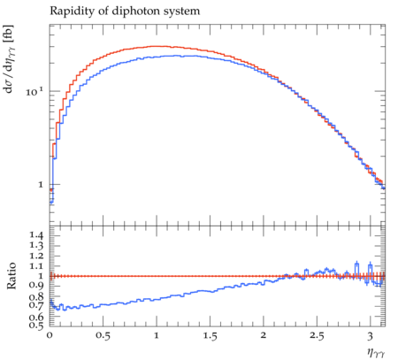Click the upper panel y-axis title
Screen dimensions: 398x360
point(9,58)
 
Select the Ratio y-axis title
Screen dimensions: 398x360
point(11,276)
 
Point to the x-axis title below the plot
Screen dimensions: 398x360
point(376,352)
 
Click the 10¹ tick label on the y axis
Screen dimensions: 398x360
point(34,92)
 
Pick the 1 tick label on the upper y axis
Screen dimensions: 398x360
point(41,185)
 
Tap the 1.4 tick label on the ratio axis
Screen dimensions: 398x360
point(36,235)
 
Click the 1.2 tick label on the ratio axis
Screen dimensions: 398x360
point(36,256)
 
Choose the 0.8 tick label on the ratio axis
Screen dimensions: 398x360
point(36,296)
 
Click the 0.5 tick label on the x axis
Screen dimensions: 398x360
point(103,336)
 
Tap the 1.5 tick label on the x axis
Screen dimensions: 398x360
point(210,336)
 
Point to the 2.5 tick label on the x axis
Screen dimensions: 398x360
point(317,336)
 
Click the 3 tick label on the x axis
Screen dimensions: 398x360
point(371,336)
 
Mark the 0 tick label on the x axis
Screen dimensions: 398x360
point(50,335)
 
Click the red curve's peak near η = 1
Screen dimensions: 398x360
point(157,46)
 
